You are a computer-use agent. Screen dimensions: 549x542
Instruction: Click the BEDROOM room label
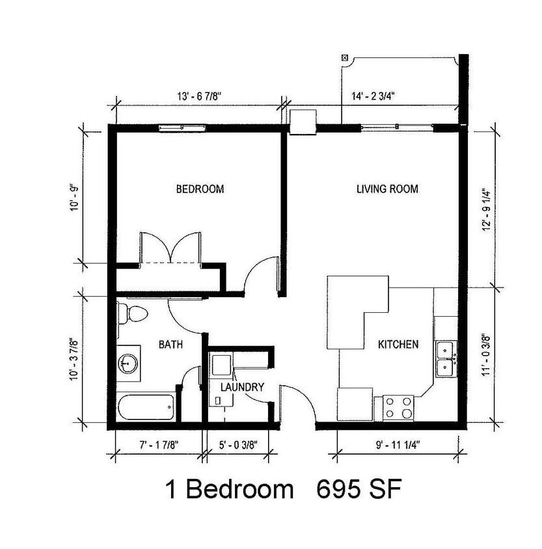tap(200, 189)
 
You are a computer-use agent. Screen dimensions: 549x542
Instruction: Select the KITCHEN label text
tap(398, 344)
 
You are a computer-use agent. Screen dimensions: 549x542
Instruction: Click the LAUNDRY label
tap(241, 387)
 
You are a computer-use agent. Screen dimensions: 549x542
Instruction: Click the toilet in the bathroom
tap(133, 314)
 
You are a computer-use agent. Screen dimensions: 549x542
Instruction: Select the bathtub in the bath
tap(146, 408)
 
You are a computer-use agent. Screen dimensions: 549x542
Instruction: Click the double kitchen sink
tap(446, 359)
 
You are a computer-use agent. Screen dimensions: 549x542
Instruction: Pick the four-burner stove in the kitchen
tap(398, 408)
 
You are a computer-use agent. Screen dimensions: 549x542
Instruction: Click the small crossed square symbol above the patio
tap(344, 57)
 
